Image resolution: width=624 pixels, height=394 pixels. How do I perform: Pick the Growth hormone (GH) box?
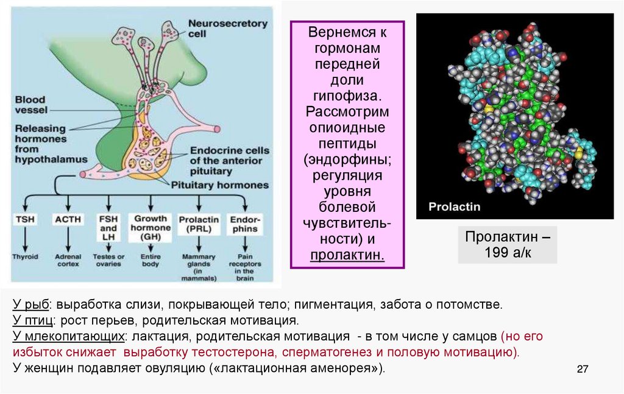click(x=150, y=227)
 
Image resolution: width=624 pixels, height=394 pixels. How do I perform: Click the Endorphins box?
click(x=244, y=223)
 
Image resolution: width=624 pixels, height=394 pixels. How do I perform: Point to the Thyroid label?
click(x=25, y=257)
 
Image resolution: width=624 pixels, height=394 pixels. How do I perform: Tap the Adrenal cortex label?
click(x=68, y=261)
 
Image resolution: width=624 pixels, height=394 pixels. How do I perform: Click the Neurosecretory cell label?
click(x=227, y=29)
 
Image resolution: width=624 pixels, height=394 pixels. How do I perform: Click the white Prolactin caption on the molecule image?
click(x=454, y=206)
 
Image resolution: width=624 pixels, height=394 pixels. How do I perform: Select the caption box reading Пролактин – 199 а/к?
click(x=507, y=245)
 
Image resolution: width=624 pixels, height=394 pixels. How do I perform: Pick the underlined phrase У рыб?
click(x=30, y=303)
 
